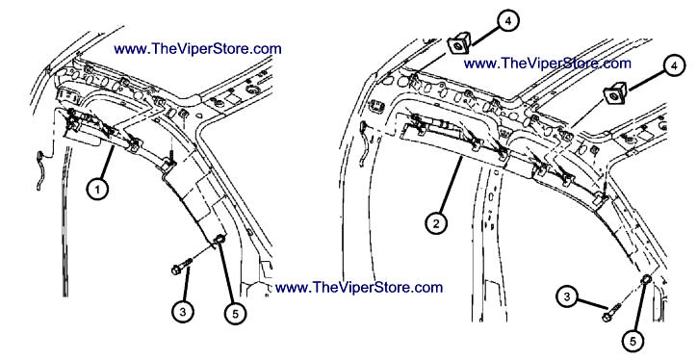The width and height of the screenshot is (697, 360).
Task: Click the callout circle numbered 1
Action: (x=97, y=190)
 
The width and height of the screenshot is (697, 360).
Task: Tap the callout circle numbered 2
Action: (x=435, y=223)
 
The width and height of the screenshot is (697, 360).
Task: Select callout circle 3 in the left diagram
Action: (x=183, y=312)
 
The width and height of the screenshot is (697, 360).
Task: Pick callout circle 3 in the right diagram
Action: (x=566, y=296)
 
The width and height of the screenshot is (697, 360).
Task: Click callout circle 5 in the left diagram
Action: (x=235, y=314)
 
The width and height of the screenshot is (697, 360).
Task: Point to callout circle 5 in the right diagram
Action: (x=633, y=342)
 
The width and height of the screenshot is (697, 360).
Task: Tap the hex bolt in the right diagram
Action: (x=611, y=313)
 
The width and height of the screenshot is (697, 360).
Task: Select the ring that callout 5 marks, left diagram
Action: (x=219, y=242)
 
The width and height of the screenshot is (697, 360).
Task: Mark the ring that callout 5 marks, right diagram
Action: (x=645, y=280)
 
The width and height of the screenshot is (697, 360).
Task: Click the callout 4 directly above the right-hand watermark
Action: (x=507, y=21)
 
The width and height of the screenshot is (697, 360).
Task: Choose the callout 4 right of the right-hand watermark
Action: (x=675, y=65)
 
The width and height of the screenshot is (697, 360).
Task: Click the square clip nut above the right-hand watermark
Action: (x=458, y=43)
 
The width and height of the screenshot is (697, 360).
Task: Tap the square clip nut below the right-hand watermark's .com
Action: (x=614, y=95)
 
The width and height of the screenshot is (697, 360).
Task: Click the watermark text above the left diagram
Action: (x=197, y=48)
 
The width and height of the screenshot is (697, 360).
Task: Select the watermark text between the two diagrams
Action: (x=359, y=287)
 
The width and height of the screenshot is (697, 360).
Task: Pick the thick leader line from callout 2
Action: (x=451, y=187)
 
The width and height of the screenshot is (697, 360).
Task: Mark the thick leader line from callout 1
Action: (x=107, y=164)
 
